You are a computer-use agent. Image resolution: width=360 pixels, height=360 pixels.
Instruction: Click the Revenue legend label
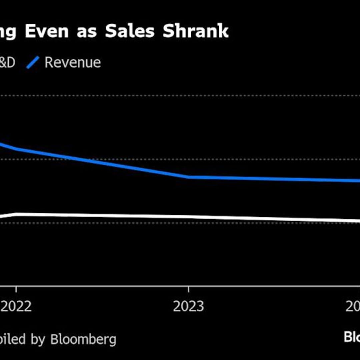click(x=73, y=63)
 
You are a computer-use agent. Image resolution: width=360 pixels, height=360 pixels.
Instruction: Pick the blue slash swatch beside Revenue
click(x=33, y=63)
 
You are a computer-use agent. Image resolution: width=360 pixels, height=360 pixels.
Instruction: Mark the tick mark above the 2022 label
click(x=16, y=289)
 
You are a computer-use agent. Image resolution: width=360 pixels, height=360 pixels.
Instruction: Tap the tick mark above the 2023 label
click(x=189, y=289)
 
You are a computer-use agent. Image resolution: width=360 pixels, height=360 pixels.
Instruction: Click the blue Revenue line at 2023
click(x=189, y=177)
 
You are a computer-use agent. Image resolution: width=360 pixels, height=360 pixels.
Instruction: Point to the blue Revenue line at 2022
click(x=16, y=149)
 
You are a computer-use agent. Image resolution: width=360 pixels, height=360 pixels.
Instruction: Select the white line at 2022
click(x=16, y=214)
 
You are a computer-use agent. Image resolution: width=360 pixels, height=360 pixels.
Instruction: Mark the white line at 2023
click(x=189, y=217)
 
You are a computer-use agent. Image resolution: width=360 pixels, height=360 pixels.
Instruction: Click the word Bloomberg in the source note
click(x=83, y=339)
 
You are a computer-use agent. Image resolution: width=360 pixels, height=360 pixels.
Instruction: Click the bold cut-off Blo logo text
click(x=352, y=346)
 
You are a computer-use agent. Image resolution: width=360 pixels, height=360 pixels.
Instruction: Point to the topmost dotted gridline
click(x=180, y=96)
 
